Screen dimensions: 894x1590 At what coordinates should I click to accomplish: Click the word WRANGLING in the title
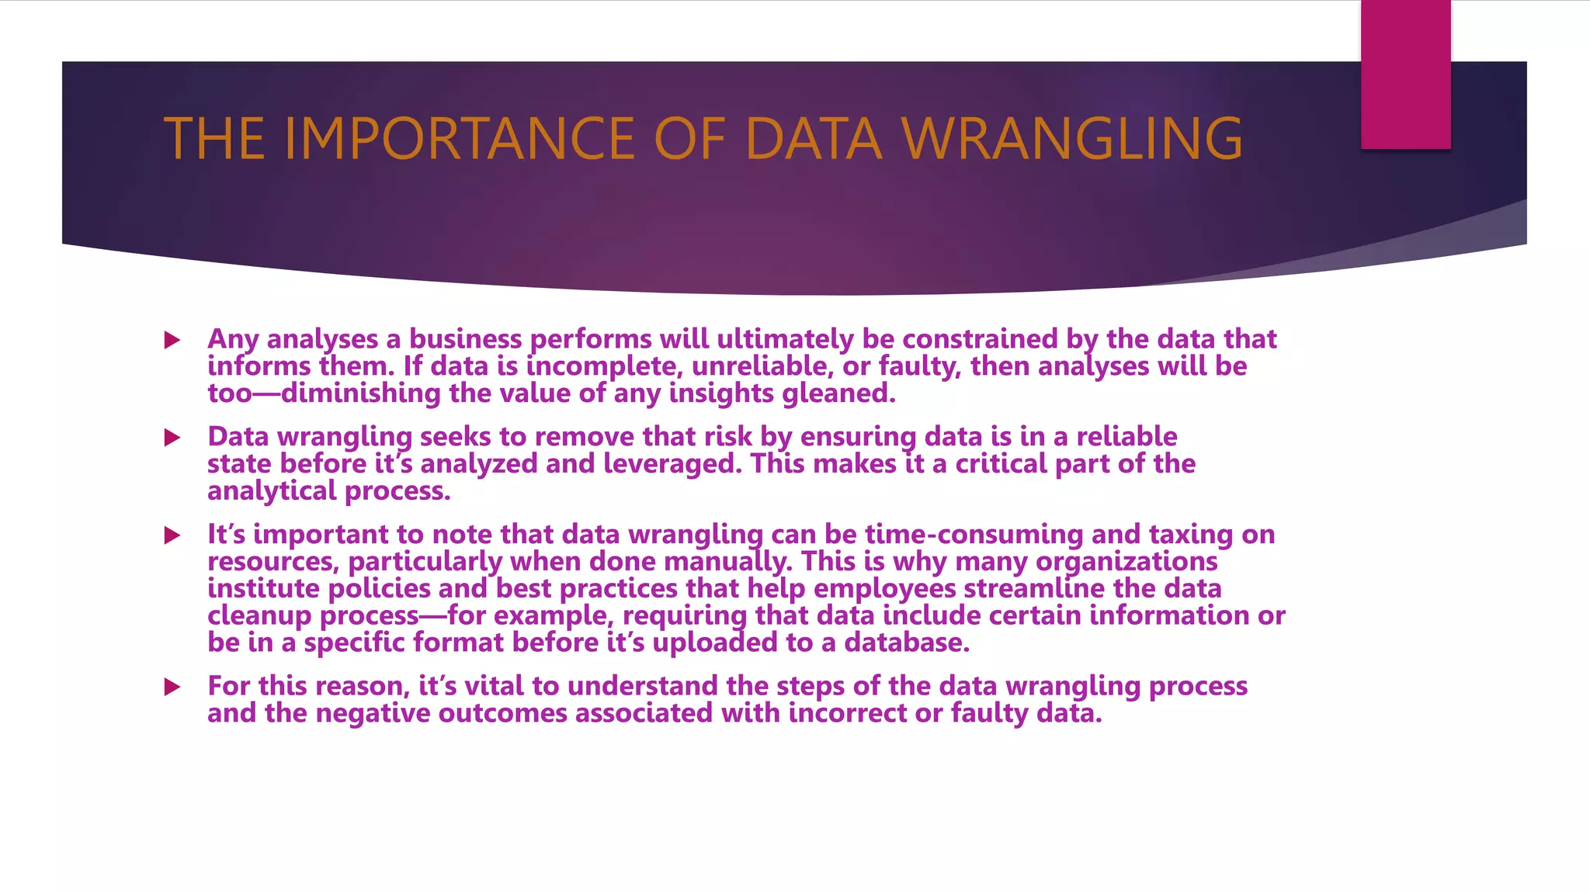click(1072, 139)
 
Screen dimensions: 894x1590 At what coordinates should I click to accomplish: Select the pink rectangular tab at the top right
click(1405, 74)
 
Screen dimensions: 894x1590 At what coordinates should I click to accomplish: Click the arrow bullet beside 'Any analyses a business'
click(172, 340)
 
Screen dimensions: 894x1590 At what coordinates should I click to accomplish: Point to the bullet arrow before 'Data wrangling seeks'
click(172, 438)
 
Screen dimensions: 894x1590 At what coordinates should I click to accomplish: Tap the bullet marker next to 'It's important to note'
click(172, 535)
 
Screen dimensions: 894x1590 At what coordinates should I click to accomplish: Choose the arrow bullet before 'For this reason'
click(172, 687)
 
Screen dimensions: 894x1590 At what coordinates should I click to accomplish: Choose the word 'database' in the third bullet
click(906, 643)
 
